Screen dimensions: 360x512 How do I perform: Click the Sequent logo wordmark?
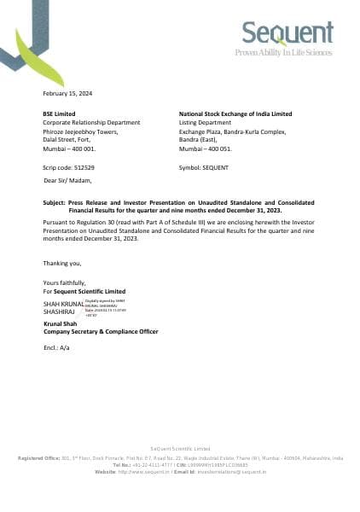(x=288, y=33)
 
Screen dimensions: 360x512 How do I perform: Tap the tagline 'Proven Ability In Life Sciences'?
(x=284, y=53)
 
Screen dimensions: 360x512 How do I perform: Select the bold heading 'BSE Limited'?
(x=59, y=113)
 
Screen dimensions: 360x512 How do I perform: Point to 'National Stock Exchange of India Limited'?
(x=235, y=113)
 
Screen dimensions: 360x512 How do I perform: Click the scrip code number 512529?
(x=84, y=168)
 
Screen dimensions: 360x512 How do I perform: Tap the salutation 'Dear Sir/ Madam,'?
(x=67, y=180)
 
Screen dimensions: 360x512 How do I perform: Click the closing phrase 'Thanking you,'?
(x=61, y=263)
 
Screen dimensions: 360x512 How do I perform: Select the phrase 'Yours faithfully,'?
(x=65, y=283)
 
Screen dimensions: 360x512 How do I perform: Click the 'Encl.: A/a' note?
(x=55, y=349)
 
